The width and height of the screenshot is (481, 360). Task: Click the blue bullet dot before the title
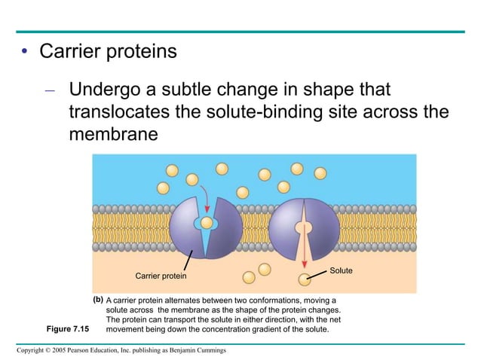click(x=24, y=53)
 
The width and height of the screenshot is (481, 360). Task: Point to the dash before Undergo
click(x=50, y=91)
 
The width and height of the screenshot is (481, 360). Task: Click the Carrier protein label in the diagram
click(x=160, y=276)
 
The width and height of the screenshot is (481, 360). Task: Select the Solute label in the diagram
click(x=342, y=270)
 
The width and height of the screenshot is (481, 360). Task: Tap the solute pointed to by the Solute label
click(x=304, y=280)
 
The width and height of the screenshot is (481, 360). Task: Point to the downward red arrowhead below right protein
click(x=305, y=264)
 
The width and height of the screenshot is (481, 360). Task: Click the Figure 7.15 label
click(x=68, y=329)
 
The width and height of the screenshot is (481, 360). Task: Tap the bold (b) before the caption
click(x=98, y=300)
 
